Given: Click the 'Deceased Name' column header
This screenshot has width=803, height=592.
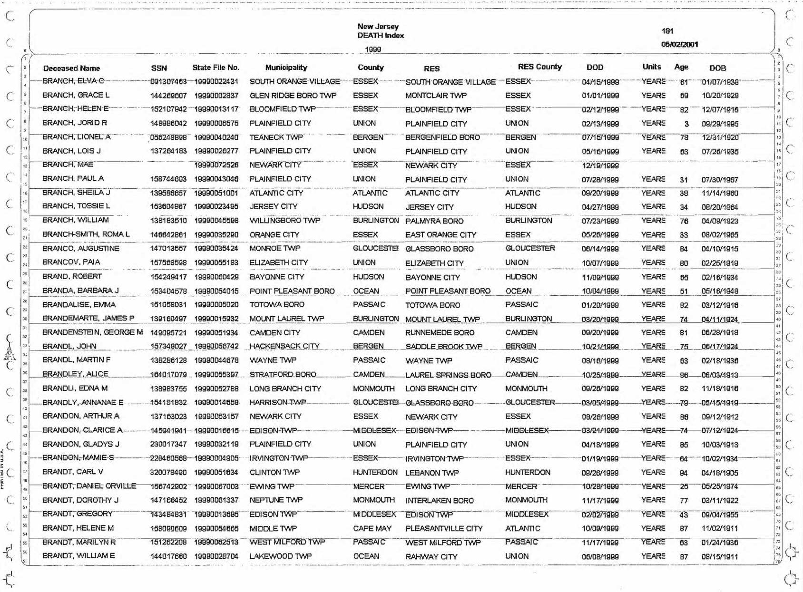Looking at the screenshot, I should click(x=71, y=68).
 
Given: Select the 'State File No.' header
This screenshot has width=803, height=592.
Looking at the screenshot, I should click(x=215, y=68).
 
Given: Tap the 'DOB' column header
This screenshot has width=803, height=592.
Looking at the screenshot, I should click(x=717, y=68).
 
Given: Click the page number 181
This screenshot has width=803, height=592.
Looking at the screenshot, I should click(x=667, y=31).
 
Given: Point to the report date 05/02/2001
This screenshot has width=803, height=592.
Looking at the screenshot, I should click(x=679, y=44).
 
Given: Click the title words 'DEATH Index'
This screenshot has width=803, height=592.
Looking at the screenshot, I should click(x=381, y=35).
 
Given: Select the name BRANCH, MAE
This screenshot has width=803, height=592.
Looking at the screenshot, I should click(x=68, y=165).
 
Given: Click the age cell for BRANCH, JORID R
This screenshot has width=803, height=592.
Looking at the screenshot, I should click(x=686, y=124).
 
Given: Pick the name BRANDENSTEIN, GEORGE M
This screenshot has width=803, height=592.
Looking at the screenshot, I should click(x=92, y=332).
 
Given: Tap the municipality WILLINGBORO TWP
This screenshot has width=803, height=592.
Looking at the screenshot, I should click(x=284, y=221).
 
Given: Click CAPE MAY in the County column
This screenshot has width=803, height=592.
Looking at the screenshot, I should click(x=372, y=528).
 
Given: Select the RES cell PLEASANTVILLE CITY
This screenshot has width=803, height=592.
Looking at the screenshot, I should click(x=443, y=528).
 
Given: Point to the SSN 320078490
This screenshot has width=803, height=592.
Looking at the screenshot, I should click(x=168, y=473).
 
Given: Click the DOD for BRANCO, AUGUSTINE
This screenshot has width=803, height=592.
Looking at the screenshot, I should click(x=600, y=249).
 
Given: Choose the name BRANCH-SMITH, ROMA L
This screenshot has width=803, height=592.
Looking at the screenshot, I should click(x=86, y=234).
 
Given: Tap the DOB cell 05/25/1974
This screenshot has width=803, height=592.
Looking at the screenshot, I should click(x=720, y=486).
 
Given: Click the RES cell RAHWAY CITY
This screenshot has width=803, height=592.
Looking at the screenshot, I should click(x=431, y=556).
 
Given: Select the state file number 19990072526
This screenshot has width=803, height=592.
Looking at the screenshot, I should click(x=216, y=165).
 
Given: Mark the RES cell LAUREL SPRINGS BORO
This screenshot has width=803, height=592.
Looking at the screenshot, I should click(x=448, y=375).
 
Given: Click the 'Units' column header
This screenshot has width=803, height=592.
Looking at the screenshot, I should click(x=651, y=67).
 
